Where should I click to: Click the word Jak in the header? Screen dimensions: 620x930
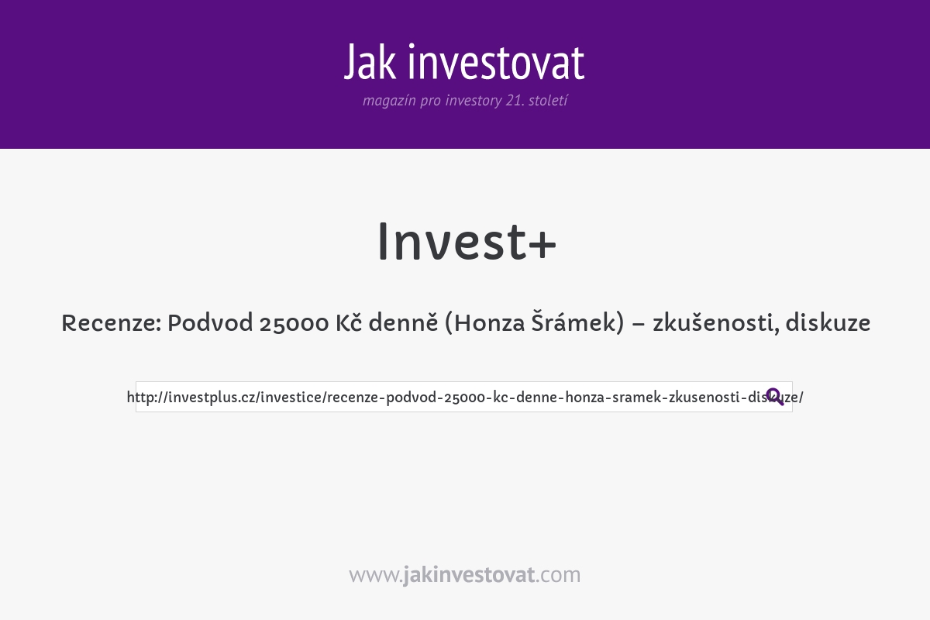[370, 62]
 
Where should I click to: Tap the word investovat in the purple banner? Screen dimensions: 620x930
[496, 62]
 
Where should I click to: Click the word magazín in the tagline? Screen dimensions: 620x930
[389, 101]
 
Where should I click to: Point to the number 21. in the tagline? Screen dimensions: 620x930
[514, 101]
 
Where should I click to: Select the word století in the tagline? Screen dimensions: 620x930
[548, 101]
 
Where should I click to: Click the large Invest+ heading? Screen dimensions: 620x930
[466, 242]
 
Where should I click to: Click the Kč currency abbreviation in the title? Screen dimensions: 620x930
[349, 323]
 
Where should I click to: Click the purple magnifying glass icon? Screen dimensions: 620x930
[774, 397]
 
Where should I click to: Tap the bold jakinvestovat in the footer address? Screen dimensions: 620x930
[469, 575]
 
